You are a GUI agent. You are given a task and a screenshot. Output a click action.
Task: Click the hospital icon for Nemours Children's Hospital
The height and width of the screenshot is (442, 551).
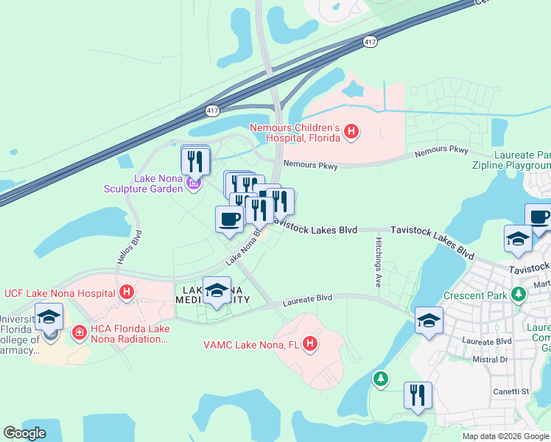point(352,133)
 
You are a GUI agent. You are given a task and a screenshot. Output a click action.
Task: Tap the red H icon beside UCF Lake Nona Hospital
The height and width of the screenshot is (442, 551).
point(127,292)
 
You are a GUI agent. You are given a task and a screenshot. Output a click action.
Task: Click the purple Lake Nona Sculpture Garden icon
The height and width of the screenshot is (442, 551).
point(193,183)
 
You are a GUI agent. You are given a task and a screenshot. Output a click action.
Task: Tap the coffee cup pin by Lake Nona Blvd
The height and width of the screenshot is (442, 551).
point(229,220)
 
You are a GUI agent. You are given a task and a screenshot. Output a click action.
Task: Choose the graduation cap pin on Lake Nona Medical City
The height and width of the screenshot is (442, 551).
point(217,291)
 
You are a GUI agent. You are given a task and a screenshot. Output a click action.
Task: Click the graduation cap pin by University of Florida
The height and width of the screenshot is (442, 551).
point(49,318)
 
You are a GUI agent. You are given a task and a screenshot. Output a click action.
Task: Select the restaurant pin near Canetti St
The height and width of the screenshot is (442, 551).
point(418,395)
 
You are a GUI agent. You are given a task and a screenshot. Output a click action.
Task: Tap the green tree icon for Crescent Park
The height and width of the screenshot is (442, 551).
point(519,295)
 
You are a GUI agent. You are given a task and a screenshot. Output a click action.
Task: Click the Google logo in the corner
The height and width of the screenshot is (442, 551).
point(24,432)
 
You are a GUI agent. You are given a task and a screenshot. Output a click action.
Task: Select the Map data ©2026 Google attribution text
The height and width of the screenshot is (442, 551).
point(505,436)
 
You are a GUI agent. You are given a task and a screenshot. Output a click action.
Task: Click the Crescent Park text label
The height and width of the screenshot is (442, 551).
point(476,295)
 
